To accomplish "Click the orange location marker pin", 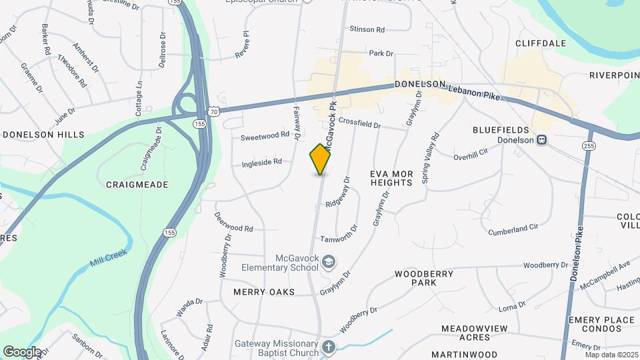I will point(321,159).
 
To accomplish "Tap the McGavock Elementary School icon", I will point(327,261).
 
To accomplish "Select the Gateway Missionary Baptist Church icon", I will point(327,347).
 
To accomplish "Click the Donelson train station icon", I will point(542,141).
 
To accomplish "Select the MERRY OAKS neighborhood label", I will point(264,292).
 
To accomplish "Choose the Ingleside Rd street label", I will point(262,162).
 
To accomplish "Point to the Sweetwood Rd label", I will point(265,136).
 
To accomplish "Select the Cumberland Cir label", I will point(513,229).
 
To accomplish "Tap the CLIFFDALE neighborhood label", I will point(541,43).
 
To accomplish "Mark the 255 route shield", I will point(588,145).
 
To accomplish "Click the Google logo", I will point(22,351).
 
